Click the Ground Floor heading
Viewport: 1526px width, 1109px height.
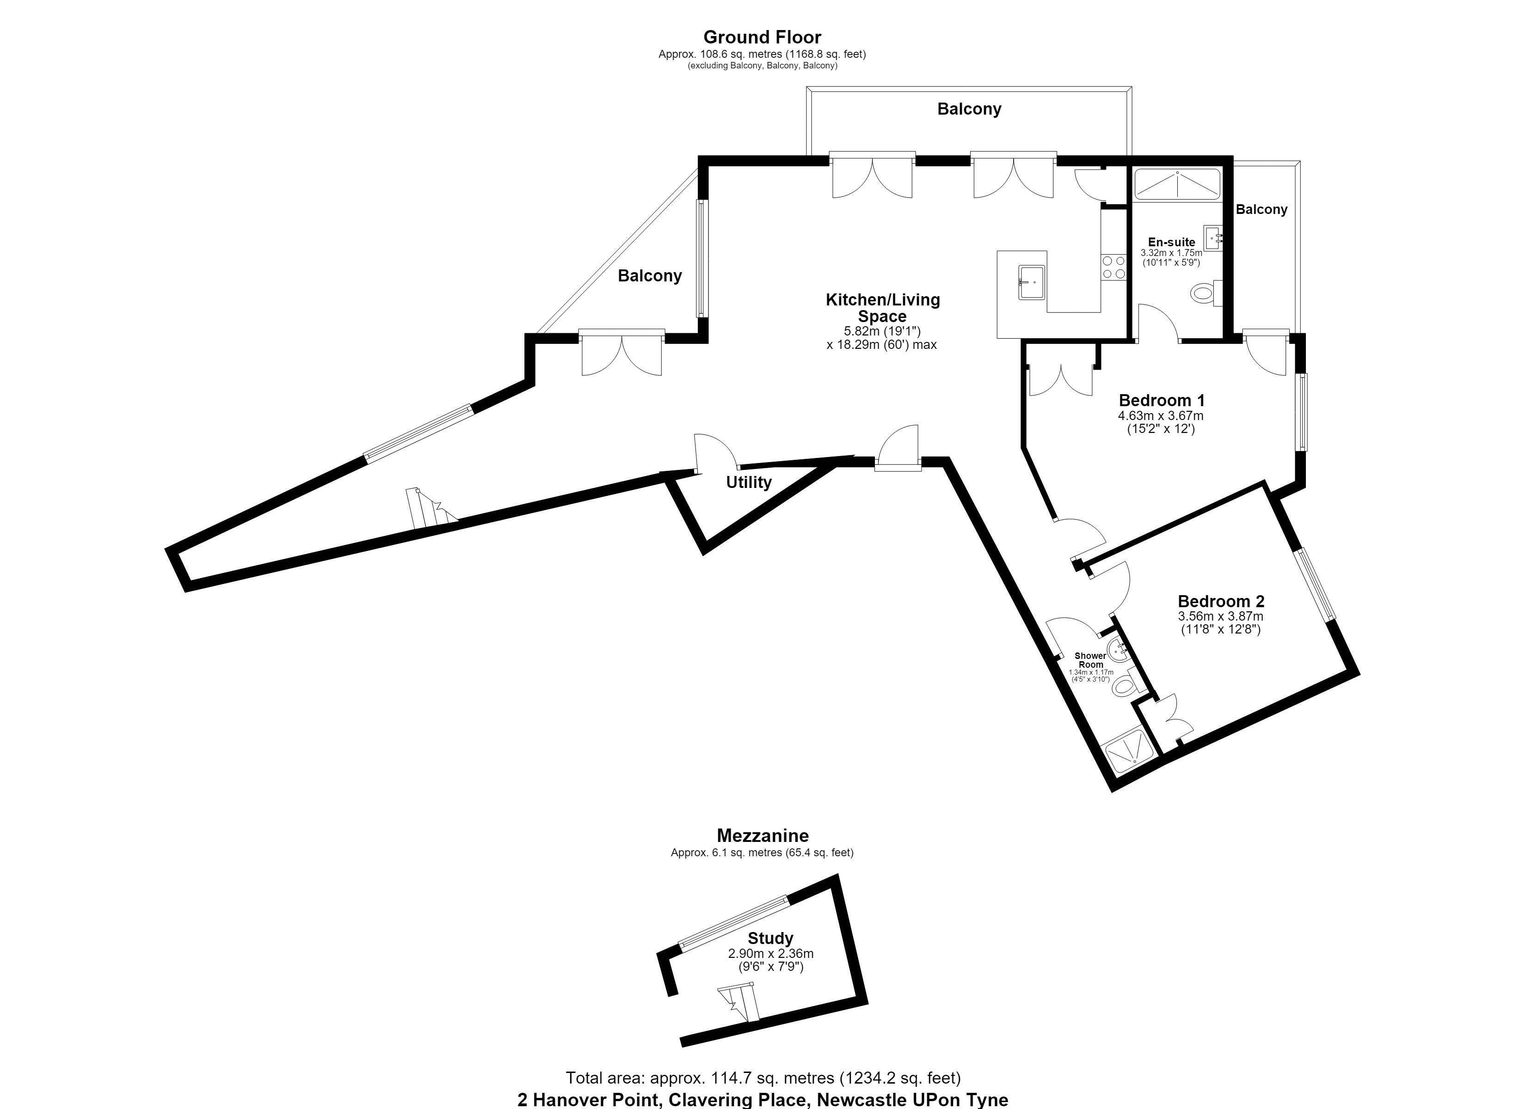pos(763,37)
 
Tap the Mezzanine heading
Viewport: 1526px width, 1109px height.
pos(763,835)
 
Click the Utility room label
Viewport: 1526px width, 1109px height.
pos(749,482)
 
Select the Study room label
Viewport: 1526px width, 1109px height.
pos(770,938)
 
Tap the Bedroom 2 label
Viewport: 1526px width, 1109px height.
pos(1221,601)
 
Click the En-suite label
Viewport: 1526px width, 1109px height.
pos(1171,242)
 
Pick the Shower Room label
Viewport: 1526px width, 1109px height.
pos(1091,660)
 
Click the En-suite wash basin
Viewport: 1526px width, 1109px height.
pos(1214,238)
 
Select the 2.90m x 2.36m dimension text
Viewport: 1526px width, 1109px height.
pos(770,954)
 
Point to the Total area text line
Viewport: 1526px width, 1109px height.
pos(763,1078)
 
